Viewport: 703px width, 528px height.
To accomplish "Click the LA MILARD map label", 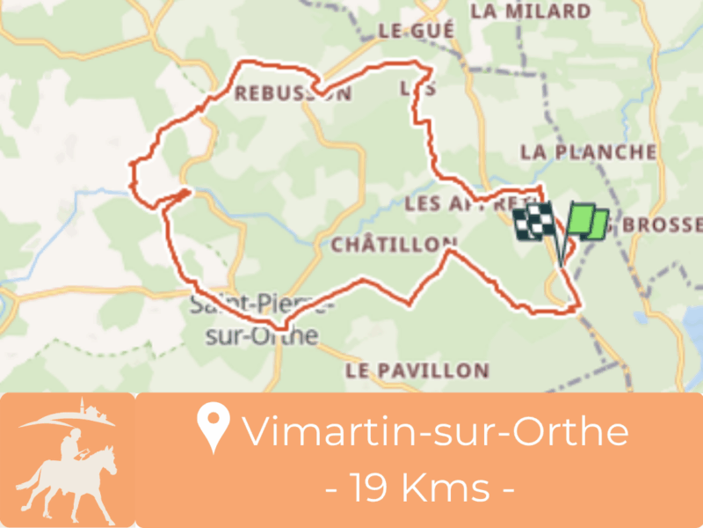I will point(542,11).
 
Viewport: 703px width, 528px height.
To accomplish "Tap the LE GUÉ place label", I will point(416,31).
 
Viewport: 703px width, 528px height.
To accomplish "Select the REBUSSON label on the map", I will point(292,93).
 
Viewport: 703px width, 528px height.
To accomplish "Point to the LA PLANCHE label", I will point(588,152).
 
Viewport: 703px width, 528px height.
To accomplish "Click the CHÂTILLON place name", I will point(394,246).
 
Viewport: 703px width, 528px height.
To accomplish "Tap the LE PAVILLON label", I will point(417,369).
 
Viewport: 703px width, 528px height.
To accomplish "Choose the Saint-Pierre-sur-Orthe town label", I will point(255,321).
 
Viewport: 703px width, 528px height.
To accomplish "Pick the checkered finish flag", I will point(533,223).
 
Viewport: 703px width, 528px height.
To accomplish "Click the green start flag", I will point(585,223).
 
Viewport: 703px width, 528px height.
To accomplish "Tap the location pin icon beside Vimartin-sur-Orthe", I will point(213,427).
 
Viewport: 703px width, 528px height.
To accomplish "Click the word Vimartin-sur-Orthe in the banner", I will point(435,431).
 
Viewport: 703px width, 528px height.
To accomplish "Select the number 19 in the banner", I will point(369,487).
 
